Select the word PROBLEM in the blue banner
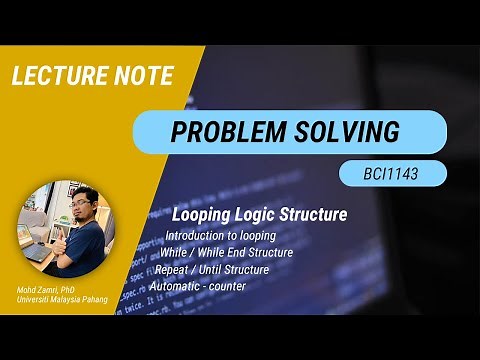point(224,131)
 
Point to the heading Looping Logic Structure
point(245,215)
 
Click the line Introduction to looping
point(221,236)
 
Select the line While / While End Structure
point(226,253)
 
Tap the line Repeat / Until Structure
point(212,270)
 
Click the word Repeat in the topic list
point(171,270)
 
